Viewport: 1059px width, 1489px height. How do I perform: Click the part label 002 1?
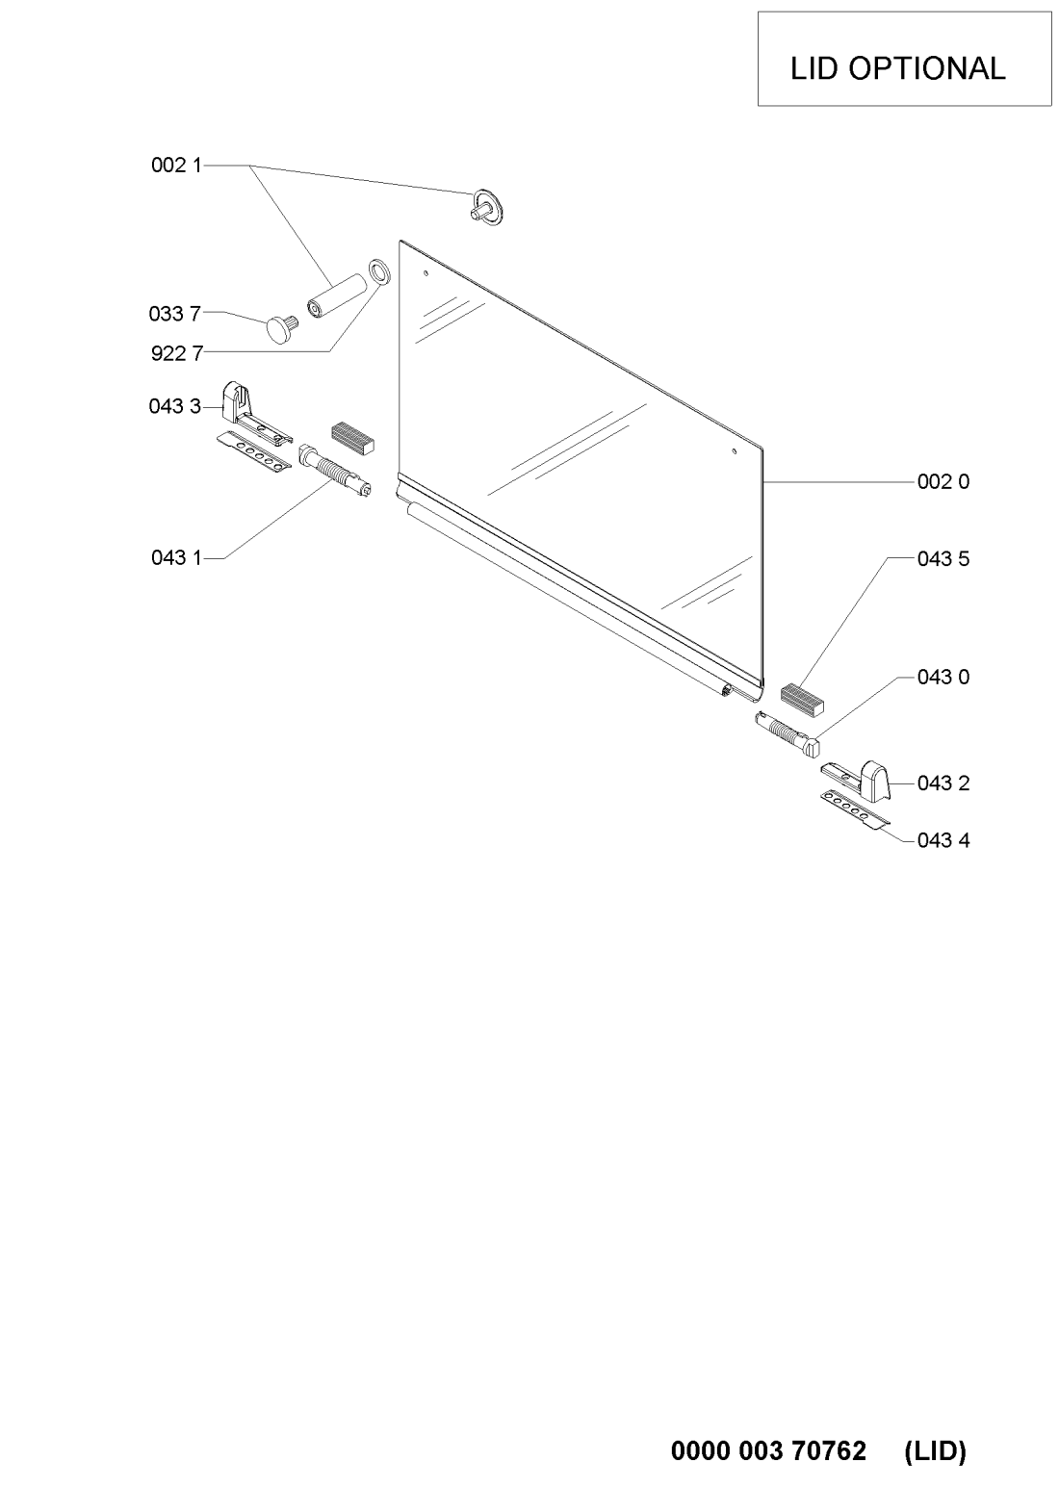(176, 166)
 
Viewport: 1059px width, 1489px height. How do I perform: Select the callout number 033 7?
(175, 314)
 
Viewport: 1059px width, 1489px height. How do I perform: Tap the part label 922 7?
(177, 353)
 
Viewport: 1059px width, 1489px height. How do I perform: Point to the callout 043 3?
(175, 406)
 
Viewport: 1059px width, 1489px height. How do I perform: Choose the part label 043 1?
(176, 557)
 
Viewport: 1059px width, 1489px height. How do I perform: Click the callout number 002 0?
(943, 481)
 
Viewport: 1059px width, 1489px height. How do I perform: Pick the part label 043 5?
(943, 559)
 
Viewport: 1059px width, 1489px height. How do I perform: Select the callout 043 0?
(943, 678)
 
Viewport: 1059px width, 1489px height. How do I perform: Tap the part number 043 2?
(943, 783)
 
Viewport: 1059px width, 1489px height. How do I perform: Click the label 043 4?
(943, 841)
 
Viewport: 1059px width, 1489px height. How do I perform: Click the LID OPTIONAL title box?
(904, 59)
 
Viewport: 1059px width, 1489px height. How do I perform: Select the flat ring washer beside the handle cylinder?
(379, 270)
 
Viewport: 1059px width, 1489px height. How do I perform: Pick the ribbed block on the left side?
(353, 437)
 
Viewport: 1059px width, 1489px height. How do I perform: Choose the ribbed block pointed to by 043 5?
(802, 700)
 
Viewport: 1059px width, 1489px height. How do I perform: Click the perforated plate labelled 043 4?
(854, 809)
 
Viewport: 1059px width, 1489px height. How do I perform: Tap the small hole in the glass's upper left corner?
(426, 272)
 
